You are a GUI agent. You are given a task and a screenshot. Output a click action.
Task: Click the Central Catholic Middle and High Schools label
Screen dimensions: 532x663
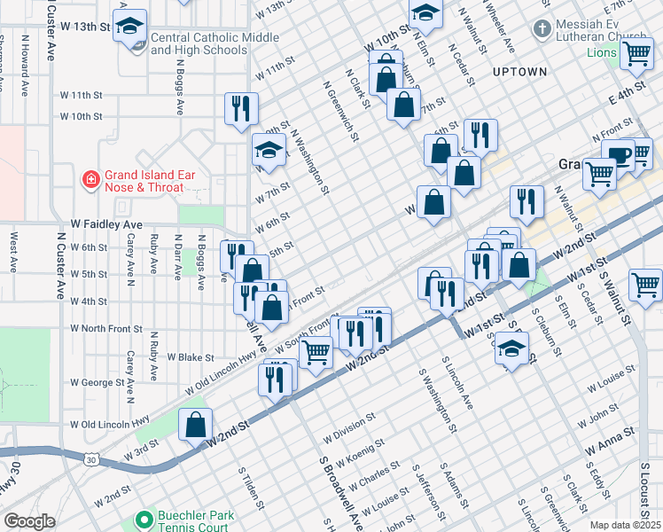coord(199,44)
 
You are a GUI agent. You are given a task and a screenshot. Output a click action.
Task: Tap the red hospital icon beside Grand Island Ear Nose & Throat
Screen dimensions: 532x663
coord(90,182)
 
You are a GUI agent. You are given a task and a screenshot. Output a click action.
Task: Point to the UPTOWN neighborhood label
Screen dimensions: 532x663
coord(515,70)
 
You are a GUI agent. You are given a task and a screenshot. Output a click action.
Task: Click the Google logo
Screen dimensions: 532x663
coord(29,521)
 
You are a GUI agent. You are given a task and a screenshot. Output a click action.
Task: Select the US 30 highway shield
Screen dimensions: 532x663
coord(91,459)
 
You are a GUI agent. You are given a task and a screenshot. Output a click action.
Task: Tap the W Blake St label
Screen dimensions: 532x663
coord(190,357)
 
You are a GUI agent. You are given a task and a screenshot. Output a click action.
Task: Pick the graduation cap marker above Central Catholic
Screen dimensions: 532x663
coord(130,25)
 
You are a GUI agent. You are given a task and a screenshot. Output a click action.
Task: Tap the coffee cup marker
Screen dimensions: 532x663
coord(618,155)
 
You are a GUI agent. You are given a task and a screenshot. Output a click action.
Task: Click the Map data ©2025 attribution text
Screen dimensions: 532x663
coord(625,525)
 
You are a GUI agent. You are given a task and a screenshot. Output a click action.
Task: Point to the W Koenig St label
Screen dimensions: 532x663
coord(356,452)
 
